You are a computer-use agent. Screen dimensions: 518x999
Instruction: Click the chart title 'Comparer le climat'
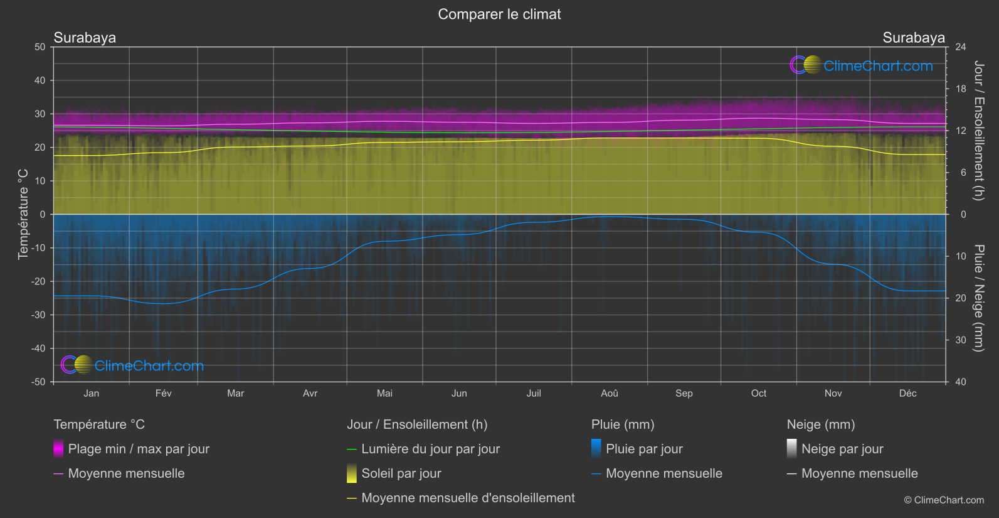tap(499, 14)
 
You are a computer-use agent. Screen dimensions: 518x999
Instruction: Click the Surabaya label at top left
tap(85, 38)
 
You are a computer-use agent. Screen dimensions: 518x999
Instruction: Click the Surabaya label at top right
tap(913, 38)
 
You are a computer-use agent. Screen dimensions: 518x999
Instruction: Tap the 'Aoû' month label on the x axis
tap(609, 394)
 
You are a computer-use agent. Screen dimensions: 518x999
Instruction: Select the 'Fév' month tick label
tap(163, 394)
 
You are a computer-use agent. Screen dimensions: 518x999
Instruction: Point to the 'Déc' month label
tap(907, 394)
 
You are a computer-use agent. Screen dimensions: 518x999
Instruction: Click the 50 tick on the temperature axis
tap(40, 47)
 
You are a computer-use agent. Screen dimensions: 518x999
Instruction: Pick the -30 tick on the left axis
tap(39, 315)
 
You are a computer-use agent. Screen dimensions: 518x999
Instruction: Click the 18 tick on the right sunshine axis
tap(961, 89)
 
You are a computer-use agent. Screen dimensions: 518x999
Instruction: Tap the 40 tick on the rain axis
tap(961, 382)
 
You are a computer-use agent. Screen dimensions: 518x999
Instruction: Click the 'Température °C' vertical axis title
tap(23, 214)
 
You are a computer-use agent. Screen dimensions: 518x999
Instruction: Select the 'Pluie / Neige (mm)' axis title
tap(978, 298)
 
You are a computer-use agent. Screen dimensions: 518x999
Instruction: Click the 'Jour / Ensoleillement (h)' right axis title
tap(978, 131)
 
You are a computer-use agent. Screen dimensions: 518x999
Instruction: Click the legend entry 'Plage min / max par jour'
tap(139, 449)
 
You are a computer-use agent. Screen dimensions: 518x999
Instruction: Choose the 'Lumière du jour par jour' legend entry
tap(430, 449)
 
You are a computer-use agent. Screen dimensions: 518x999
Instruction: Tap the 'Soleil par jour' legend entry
tap(401, 473)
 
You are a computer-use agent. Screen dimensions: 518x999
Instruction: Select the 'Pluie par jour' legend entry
tap(644, 449)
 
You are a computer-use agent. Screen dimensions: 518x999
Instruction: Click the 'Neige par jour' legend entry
tap(842, 449)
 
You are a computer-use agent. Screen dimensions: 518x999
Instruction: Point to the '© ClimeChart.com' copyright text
tap(944, 500)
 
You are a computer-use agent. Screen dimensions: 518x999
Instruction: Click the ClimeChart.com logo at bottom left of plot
tap(132, 365)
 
